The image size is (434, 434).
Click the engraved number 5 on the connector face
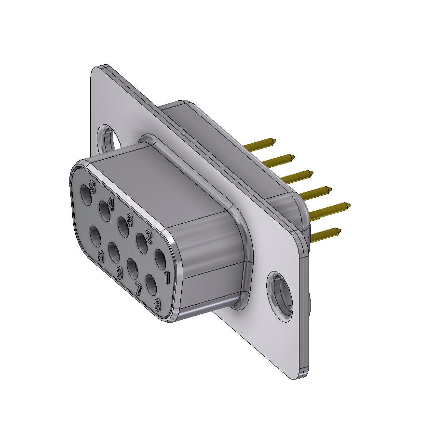92,187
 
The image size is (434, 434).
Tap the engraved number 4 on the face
111,204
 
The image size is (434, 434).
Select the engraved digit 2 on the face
149,237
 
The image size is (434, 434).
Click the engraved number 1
167,278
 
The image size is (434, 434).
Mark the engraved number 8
120,273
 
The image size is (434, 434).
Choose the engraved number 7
139,289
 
